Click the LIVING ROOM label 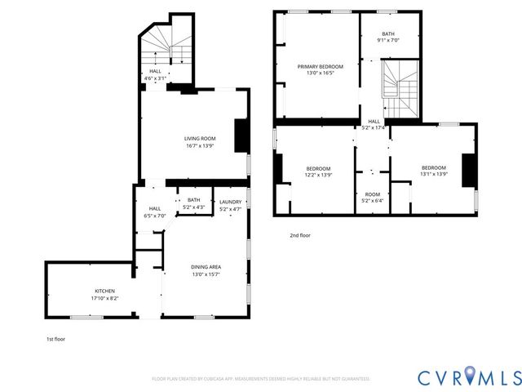(199, 138)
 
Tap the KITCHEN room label (104, 291)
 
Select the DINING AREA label (206, 267)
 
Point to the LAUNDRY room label (231, 201)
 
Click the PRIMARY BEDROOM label (320, 66)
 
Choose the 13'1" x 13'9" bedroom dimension (433, 175)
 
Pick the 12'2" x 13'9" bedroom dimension (318, 175)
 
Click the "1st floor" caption (56, 337)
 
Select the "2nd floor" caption (300, 235)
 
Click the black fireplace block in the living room (241, 136)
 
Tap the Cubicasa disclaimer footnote (261, 378)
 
